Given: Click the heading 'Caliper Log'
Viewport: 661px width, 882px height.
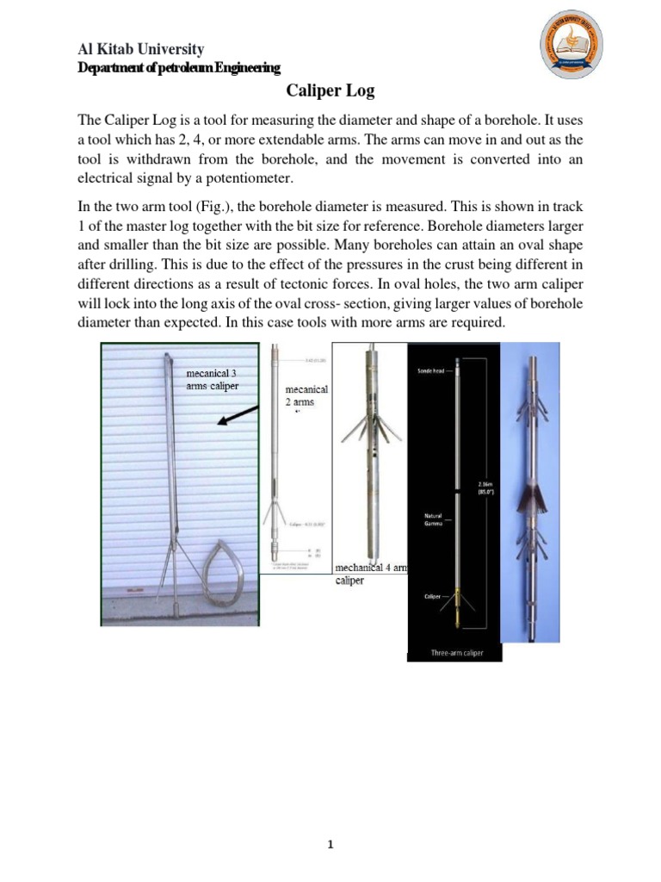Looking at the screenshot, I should click(330, 92).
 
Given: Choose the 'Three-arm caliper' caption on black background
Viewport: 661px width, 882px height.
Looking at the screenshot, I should click(457, 653).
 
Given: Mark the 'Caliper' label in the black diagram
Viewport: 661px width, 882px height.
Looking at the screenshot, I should click(434, 595).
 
